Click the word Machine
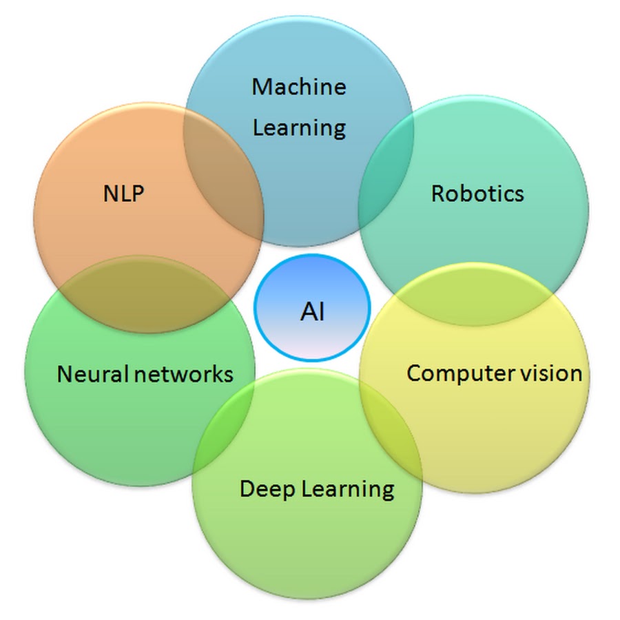pyautogui.click(x=298, y=87)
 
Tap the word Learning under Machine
pyautogui.click(x=298, y=127)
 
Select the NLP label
pyautogui.click(x=123, y=194)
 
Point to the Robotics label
pyautogui.click(x=477, y=194)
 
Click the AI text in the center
pyautogui.click(x=312, y=312)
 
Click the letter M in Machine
pyautogui.click(x=261, y=87)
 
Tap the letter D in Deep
pyautogui.click(x=247, y=488)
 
